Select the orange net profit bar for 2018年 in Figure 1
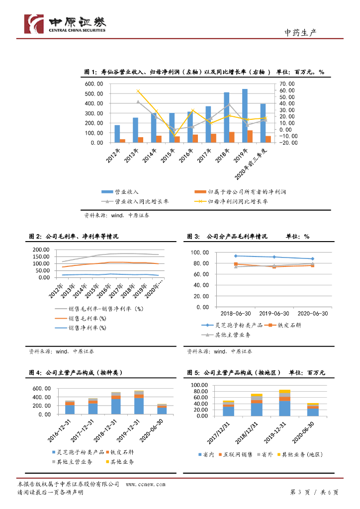tap(232, 137)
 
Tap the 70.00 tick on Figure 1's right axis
tap(287, 84)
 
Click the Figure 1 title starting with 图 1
tap(204, 72)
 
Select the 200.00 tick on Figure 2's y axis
tap(44, 250)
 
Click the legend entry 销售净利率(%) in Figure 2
tap(87, 328)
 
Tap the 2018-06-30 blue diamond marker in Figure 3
tap(236, 256)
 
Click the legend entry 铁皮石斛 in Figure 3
tap(288, 325)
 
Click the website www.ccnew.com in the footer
tap(145, 484)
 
